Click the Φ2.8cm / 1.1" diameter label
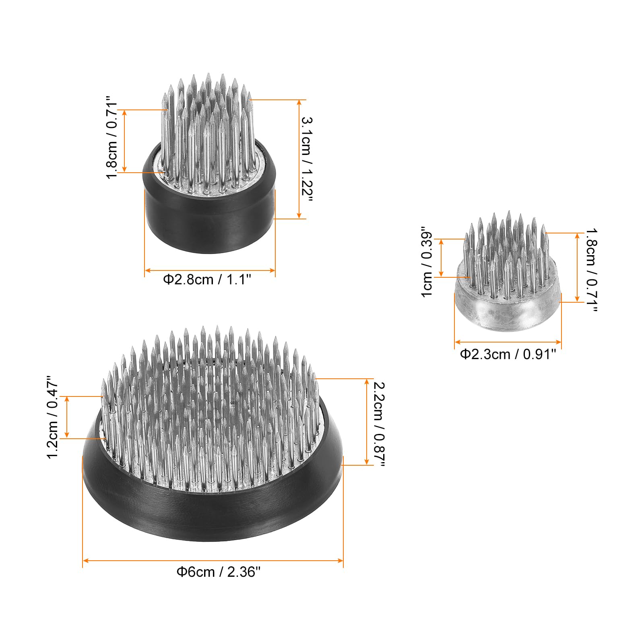207,279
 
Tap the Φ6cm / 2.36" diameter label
219,572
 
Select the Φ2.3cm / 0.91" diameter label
508,354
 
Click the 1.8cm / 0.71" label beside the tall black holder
111,137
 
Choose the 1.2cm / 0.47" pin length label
53,417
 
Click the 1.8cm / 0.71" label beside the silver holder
591,270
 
